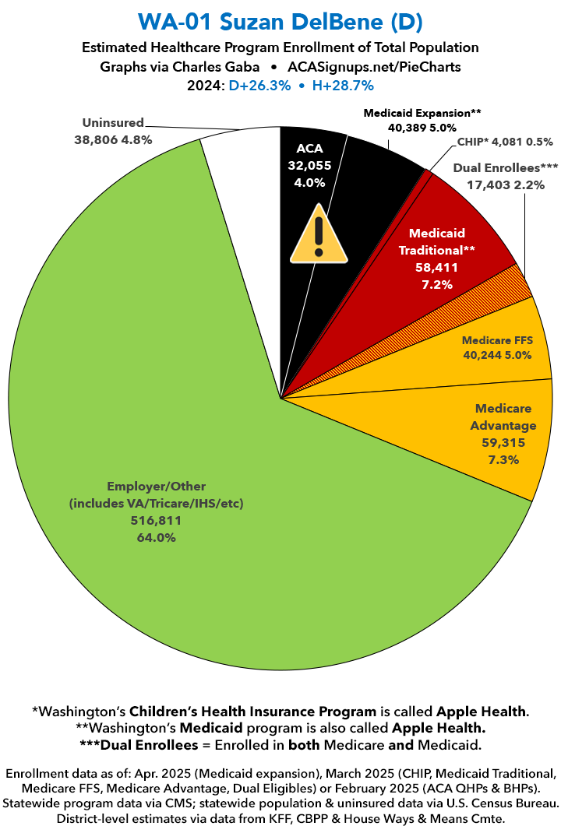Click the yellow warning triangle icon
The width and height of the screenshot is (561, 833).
click(318, 234)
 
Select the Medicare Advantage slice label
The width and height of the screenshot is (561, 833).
click(504, 417)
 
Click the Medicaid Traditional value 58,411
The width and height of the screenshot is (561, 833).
click(436, 267)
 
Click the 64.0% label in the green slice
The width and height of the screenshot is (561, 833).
click(157, 538)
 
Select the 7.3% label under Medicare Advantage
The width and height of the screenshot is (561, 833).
click(504, 459)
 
